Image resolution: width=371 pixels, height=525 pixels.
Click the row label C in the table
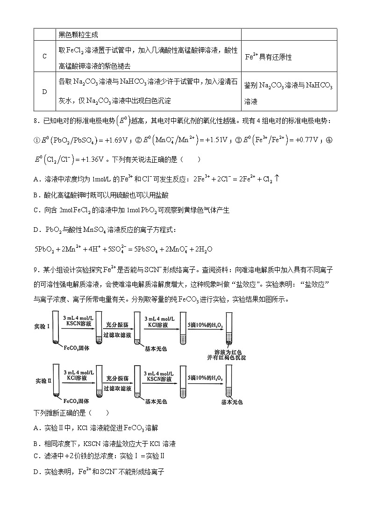coord(44,57)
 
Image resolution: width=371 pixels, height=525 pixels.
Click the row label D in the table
coord(44,92)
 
